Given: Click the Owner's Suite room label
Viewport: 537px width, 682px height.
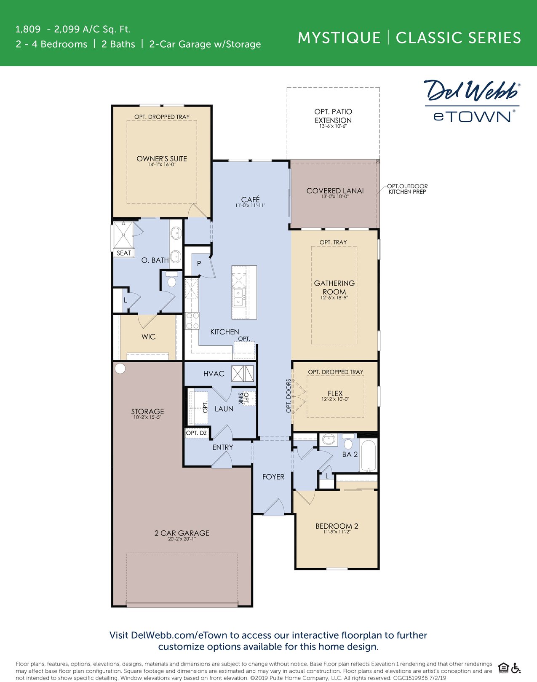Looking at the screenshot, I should pyautogui.click(x=162, y=159).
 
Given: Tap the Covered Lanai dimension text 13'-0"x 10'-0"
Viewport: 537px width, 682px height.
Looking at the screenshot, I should pyautogui.click(x=335, y=197).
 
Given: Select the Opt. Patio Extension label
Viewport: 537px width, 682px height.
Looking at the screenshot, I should pyautogui.click(x=333, y=116).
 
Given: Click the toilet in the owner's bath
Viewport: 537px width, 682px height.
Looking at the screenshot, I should pyautogui.click(x=171, y=281).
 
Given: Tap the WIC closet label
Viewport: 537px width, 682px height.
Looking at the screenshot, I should pyautogui.click(x=149, y=337).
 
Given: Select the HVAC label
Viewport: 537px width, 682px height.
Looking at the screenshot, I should pyautogui.click(x=214, y=374).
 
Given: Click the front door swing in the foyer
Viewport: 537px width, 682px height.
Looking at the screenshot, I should pyautogui.click(x=274, y=507).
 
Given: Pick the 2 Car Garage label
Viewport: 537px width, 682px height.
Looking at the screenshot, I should pyautogui.click(x=182, y=533).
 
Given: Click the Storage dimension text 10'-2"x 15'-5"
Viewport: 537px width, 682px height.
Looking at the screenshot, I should pyautogui.click(x=147, y=417).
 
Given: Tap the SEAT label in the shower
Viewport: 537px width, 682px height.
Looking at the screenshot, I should pyautogui.click(x=124, y=253).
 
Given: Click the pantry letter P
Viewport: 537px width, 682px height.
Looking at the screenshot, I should pyautogui.click(x=199, y=264).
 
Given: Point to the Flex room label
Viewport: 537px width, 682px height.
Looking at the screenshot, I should pyautogui.click(x=335, y=393).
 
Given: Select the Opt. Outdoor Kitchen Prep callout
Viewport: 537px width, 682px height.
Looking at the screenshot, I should pyautogui.click(x=407, y=189).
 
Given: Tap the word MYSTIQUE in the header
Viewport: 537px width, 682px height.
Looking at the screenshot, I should pyautogui.click(x=339, y=38).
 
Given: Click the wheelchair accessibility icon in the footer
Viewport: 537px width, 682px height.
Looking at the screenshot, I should pyautogui.click(x=516, y=668).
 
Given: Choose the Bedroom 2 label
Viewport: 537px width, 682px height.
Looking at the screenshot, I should pyautogui.click(x=337, y=526).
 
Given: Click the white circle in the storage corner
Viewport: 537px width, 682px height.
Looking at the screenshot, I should pyautogui.click(x=120, y=369).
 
